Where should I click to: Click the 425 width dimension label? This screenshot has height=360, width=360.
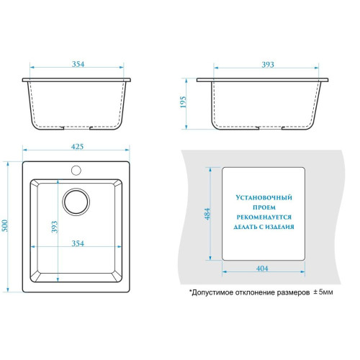tap(77, 146)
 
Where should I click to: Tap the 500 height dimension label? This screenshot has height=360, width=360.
tap(5, 225)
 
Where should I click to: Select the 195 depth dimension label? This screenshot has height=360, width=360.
tap(183, 102)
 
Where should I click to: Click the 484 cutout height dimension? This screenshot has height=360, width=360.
tap(207, 214)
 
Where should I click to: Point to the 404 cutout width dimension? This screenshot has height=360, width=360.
tap(262, 269)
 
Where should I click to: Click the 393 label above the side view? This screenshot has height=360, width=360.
tap(268, 64)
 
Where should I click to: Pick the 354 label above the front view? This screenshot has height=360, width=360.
tap(78, 64)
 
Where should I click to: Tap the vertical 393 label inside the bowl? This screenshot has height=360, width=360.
tap(55, 227)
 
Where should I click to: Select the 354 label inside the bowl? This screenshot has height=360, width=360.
tap(78, 243)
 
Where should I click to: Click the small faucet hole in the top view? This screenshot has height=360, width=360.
tap(76, 170)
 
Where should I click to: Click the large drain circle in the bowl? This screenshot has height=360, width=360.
tap(76, 202)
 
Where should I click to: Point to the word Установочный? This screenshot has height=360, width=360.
tap(264, 197)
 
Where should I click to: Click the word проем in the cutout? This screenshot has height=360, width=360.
tap(264, 207)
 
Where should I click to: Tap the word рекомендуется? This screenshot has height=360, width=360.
tap(264, 217)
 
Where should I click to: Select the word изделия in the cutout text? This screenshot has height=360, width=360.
tap(279, 227)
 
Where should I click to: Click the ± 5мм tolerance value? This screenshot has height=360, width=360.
tap(323, 292)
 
